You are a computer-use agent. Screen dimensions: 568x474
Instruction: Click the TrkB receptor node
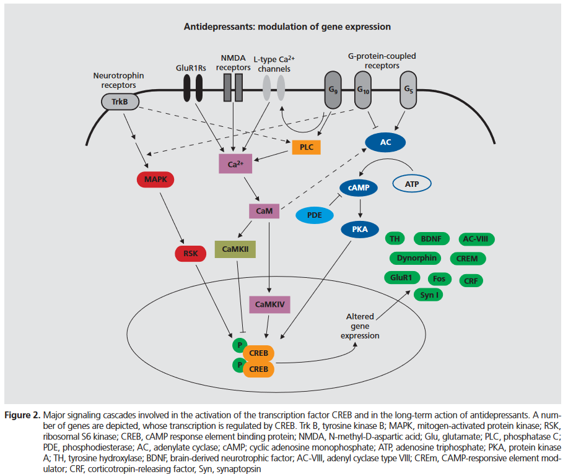(120, 101)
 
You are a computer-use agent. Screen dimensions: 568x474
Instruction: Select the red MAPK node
(155, 179)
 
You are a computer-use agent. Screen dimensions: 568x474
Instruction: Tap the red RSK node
(191, 254)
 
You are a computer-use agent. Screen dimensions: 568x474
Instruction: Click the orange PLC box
(307, 147)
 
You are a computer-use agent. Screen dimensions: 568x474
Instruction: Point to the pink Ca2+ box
(235, 164)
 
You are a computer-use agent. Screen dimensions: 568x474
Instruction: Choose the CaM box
(264, 211)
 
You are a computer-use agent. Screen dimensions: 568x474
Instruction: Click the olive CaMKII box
(235, 249)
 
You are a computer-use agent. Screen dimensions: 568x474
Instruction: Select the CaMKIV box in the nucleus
(270, 304)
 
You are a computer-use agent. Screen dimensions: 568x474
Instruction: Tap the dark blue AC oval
(385, 142)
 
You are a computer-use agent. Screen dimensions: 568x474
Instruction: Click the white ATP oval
(412, 184)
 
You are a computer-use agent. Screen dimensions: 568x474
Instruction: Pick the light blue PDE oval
(315, 215)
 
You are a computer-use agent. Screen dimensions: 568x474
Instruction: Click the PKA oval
(360, 230)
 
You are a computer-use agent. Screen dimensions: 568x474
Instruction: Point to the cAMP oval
(359, 187)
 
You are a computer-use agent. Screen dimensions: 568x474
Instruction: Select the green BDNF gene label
(432, 239)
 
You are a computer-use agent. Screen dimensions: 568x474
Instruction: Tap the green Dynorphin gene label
(416, 258)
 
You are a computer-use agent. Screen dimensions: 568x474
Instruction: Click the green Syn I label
(429, 295)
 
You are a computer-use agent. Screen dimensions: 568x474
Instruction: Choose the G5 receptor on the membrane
(408, 90)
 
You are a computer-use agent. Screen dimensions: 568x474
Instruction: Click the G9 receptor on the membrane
(333, 90)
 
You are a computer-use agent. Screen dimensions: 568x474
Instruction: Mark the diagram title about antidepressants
(287, 27)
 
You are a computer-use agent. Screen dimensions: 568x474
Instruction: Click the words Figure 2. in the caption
(22, 415)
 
